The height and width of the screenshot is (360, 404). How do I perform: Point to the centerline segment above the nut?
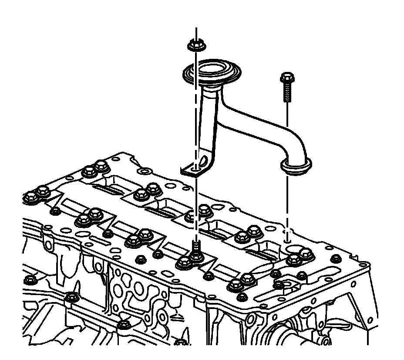pyautogui.click(x=196, y=34)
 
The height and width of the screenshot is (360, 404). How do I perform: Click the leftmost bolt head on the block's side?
pyautogui.click(x=30, y=278)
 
